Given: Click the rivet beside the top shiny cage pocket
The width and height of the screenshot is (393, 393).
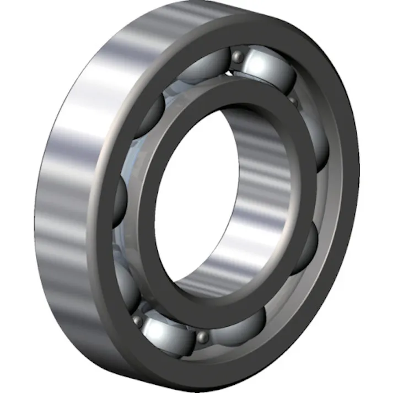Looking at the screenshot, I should click(237, 56).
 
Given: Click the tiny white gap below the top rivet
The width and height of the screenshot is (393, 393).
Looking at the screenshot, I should click(228, 72).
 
